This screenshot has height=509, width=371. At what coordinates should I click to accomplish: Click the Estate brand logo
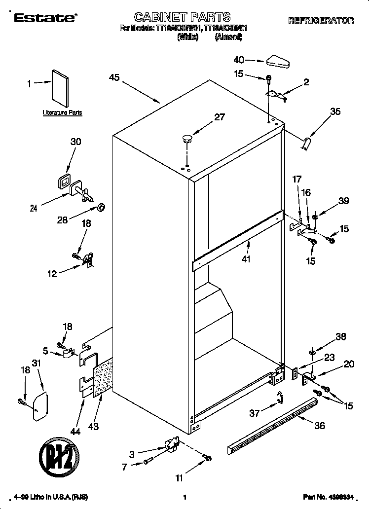pos(44,18)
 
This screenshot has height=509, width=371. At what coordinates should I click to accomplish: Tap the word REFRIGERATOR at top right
pos(321,21)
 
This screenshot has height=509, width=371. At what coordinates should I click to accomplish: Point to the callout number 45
pos(114,77)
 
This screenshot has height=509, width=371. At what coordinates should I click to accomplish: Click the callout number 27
pos(219,117)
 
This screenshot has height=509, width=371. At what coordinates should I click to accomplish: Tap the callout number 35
pos(335,112)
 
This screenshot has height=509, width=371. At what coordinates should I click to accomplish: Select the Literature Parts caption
pos(62,113)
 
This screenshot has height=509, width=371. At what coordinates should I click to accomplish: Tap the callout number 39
pos(344,201)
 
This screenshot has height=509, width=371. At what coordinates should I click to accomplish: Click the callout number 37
pos(255,413)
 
